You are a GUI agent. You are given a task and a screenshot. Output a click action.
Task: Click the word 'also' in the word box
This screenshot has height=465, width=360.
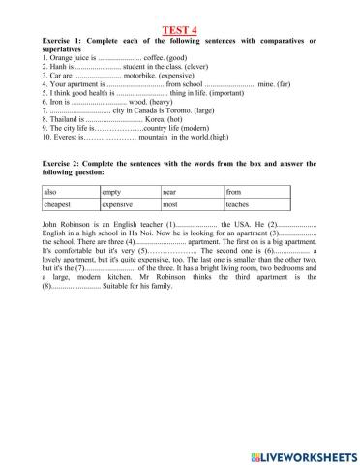(50, 192)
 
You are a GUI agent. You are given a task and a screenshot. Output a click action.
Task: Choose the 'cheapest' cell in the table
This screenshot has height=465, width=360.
(58, 205)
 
